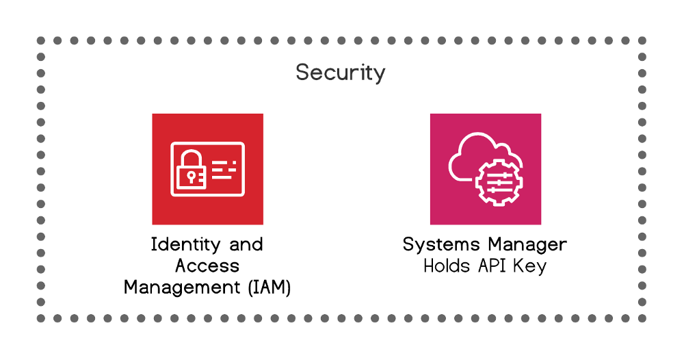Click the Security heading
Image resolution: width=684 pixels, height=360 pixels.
340,73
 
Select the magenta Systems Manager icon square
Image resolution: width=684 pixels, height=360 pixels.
485,169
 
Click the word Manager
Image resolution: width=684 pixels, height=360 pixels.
527,245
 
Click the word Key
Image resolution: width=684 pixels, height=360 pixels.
533,266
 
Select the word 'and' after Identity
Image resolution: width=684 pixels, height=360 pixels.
245,245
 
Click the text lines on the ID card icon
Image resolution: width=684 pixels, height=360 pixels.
223,169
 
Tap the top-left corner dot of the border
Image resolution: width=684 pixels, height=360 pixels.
41,40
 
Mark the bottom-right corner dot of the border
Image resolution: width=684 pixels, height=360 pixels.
642,318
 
